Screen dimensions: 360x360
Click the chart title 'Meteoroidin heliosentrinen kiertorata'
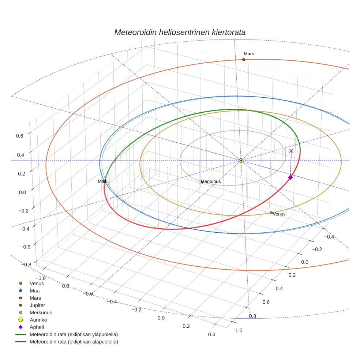180,32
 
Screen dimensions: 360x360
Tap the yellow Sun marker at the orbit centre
241,161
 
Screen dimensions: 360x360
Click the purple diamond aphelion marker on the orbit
290,177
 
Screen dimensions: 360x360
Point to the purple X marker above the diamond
291,151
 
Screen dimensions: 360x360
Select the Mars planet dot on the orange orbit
244,59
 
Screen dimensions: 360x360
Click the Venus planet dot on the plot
271,213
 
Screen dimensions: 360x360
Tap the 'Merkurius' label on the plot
211,181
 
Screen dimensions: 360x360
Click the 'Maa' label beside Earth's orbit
102,181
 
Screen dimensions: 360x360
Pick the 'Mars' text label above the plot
249,54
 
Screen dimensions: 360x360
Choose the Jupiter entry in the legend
37,305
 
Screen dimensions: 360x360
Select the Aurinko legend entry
38,320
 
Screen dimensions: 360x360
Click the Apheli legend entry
37,327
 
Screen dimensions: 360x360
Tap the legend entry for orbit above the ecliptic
74,334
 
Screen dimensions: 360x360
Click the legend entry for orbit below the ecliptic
74,342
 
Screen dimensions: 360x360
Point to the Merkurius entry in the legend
41,312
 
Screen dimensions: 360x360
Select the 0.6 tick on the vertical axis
19,136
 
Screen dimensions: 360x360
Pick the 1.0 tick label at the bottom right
239,330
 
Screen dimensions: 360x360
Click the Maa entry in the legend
35,290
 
